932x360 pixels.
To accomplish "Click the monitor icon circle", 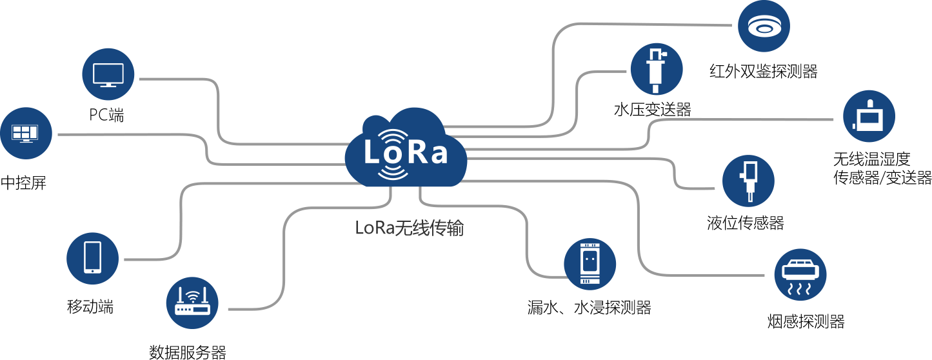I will [x=108, y=74].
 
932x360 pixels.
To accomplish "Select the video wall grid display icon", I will [x=26, y=134].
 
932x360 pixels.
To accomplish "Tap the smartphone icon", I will [x=93, y=258].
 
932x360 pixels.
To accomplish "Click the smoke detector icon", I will [x=764, y=26].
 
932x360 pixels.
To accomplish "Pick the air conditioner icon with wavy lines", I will [x=800, y=274].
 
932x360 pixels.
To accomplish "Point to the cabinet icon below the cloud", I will [x=590, y=264].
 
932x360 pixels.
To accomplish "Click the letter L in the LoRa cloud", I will [x=373, y=153].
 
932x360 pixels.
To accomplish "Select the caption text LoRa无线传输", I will [x=409, y=228].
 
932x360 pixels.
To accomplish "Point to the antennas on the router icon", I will [x=193, y=294].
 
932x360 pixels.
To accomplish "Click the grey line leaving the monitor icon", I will [x=181, y=79].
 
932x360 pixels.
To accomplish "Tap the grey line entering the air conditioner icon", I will [x=709, y=274].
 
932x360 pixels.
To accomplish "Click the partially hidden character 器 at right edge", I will [x=926, y=178].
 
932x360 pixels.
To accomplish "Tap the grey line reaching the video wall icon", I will [x=129, y=134].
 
